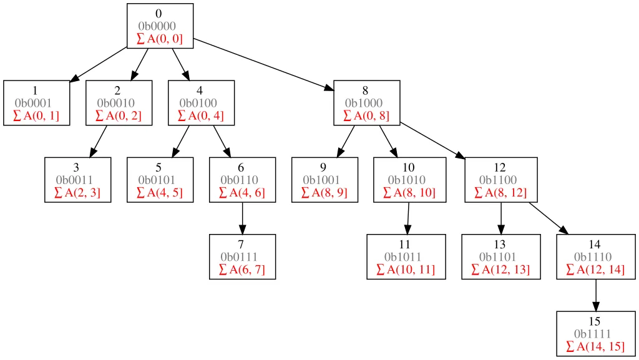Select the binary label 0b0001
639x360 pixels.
(x=33, y=103)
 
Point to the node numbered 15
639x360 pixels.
(x=595, y=334)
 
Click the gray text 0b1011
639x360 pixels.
(x=406, y=256)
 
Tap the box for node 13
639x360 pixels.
(x=500, y=256)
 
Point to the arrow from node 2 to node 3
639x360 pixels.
(x=99, y=142)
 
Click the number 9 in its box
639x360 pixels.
(x=323, y=167)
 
